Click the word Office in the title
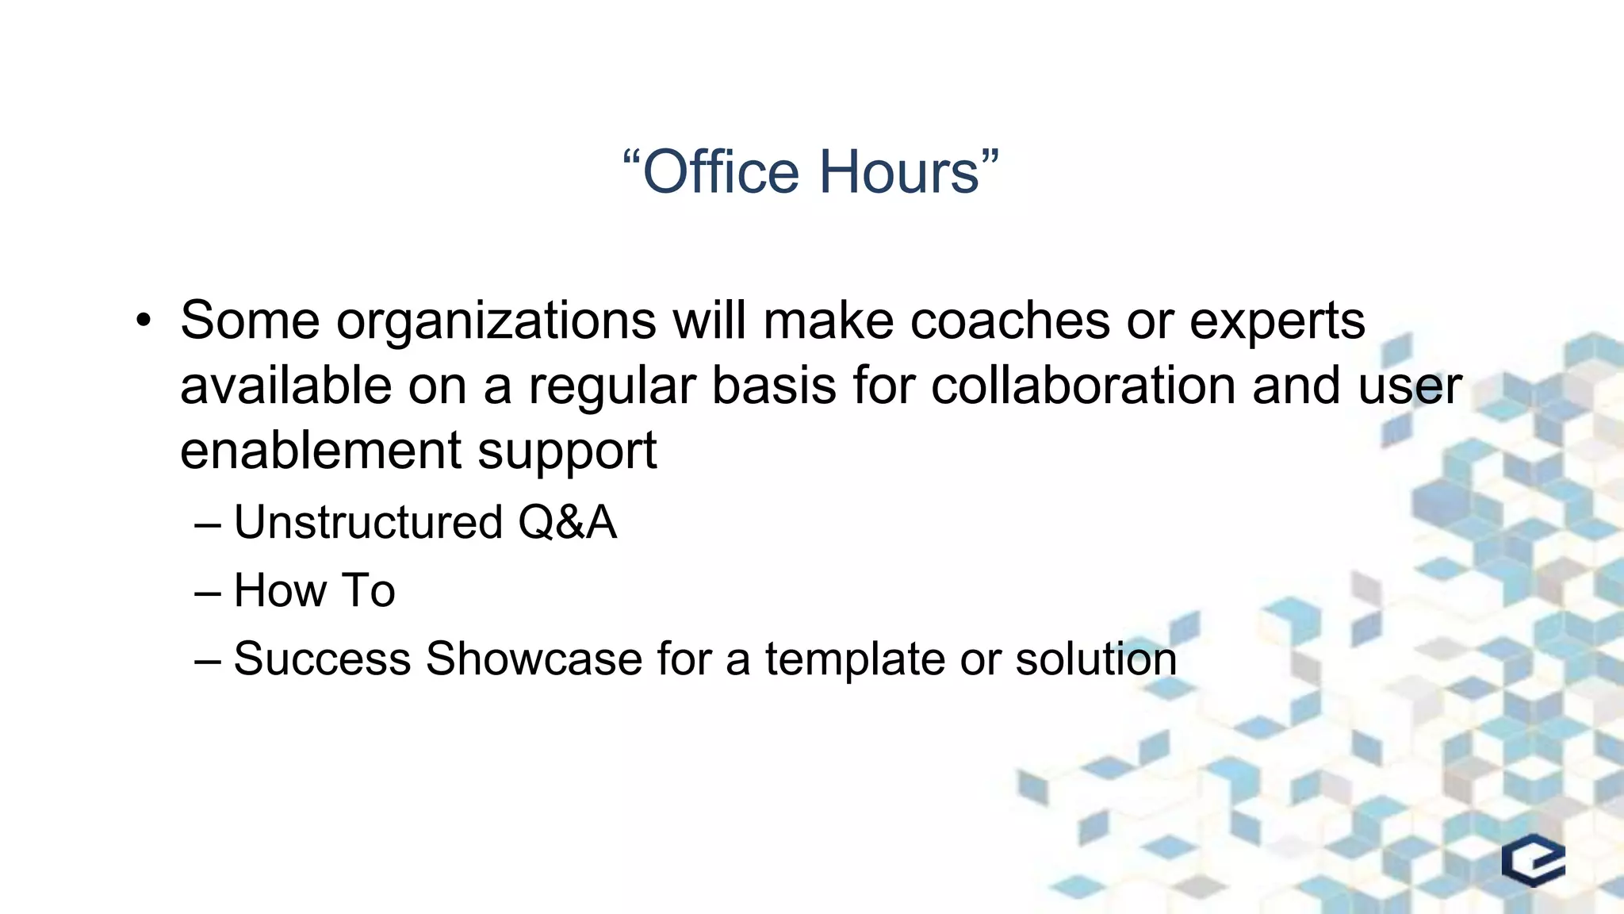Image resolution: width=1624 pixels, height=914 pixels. (x=721, y=172)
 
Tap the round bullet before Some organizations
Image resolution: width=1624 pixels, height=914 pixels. (x=143, y=321)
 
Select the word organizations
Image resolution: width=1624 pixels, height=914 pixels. (x=496, y=321)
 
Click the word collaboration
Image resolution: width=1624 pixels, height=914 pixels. (x=1082, y=386)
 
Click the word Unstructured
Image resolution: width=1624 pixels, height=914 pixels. (x=368, y=523)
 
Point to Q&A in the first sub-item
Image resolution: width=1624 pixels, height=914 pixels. (x=567, y=523)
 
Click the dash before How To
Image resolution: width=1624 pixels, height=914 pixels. (x=207, y=592)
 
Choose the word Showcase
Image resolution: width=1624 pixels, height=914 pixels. (x=533, y=659)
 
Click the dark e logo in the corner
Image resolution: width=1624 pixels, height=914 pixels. (x=1533, y=861)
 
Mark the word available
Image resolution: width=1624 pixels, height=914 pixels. (x=285, y=386)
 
